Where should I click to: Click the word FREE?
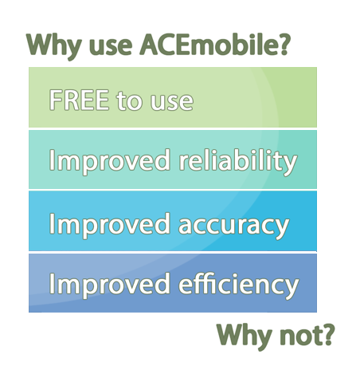pyautogui.click(x=79, y=100)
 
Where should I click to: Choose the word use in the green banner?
pyautogui.click(x=172, y=102)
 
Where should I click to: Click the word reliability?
pyautogui.click(x=237, y=162)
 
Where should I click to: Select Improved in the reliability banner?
pyautogui.click(x=110, y=162)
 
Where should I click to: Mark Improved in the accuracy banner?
pyautogui.click(x=110, y=226)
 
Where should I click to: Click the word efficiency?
pyautogui.click(x=239, y=285)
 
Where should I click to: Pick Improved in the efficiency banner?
pyautogui.click(x=110, y=285)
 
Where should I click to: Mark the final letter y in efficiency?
pyautogui.click(x=291, y=289)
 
